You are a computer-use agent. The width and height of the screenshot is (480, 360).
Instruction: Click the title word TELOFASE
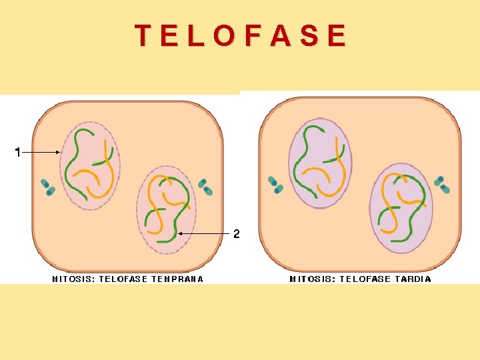[241, 35]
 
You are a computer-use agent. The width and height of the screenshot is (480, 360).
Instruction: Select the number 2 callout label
[236, 234]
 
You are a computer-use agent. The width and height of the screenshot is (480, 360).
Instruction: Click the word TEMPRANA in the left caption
[177, 279]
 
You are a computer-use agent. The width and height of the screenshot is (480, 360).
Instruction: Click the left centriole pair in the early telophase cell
[47, 187]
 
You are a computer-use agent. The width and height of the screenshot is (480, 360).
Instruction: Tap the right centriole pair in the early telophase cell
[205, 187]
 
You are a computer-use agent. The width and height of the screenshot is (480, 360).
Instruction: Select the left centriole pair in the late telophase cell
[275, 185]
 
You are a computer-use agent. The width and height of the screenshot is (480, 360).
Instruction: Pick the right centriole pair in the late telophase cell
[441, 185]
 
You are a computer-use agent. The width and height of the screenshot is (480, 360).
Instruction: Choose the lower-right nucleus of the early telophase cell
[166, 209]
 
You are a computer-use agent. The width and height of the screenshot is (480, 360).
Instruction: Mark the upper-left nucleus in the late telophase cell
[319, 163]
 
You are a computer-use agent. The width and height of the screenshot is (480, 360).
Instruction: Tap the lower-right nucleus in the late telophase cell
[401, 208]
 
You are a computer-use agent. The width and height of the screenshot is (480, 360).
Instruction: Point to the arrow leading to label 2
[203, 234]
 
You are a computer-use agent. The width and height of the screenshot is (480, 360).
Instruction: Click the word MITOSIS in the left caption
[73, 279]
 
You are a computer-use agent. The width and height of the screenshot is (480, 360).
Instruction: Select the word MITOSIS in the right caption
[312, 279]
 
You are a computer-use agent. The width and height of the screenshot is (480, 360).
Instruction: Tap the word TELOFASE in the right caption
[365, 279]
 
